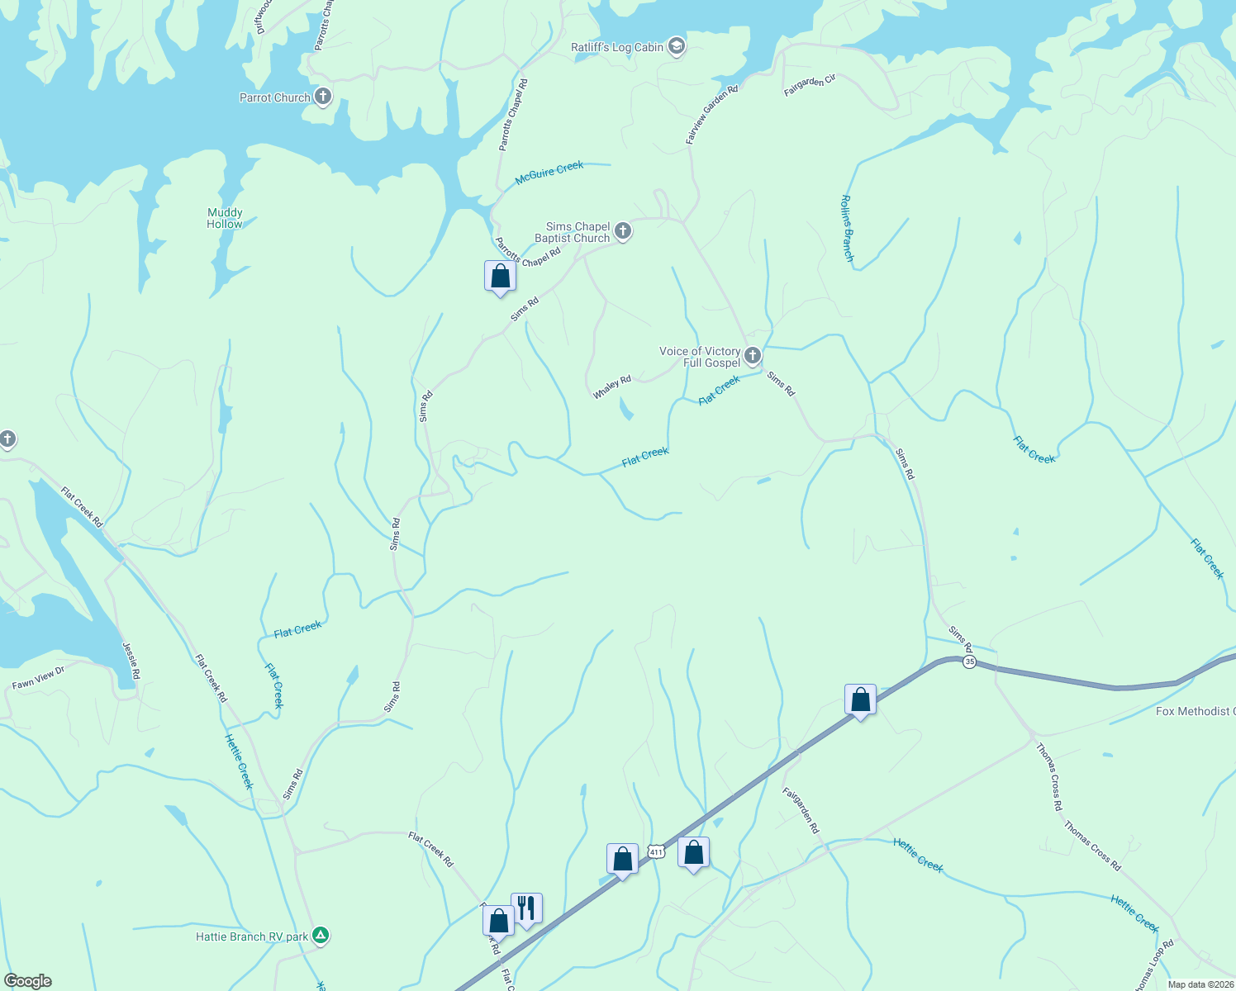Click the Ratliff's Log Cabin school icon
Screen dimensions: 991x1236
(677, 46)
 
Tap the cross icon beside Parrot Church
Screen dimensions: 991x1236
(323, 97)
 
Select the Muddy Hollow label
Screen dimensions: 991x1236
(225, 218)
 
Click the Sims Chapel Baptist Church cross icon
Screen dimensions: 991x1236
(624, 232)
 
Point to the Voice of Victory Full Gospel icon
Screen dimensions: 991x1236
(752, 356)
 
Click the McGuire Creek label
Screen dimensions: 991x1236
(549, 172)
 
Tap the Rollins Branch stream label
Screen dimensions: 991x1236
(847, 228)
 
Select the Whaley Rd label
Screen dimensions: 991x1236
(612, 386)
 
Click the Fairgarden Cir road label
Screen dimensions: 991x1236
(810, 85)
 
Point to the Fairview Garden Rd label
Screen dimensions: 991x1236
(711, 114)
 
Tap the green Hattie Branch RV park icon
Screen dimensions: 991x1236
(321, 936)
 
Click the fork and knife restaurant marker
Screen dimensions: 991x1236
(526, 908)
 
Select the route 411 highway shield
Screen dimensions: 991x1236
(656, 851)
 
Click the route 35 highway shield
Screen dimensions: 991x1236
(969, 661)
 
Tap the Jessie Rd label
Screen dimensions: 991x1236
(131, 661)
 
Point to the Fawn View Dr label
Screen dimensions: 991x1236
(38, 678)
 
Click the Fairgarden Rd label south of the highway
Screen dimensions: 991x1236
(801, 810)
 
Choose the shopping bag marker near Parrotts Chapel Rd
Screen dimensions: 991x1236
(500, 276)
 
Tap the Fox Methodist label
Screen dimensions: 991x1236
(1195, 711)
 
